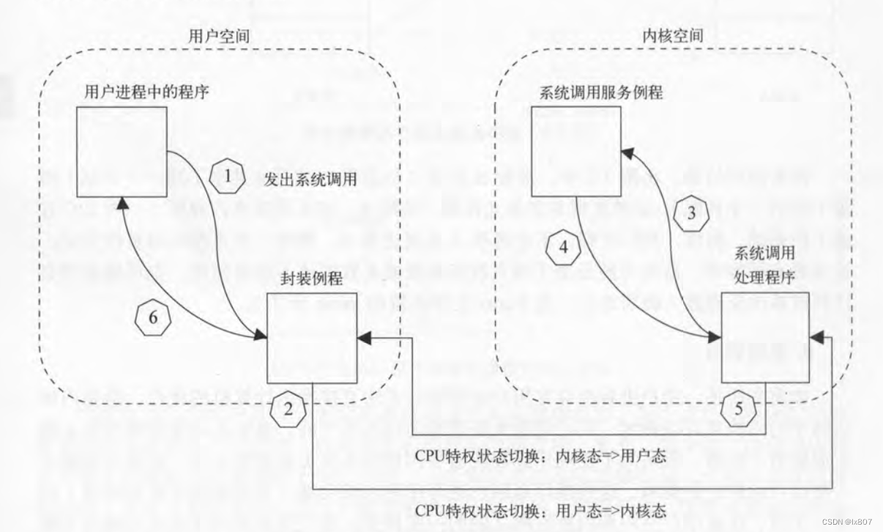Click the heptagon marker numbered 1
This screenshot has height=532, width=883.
[x=226, y=177]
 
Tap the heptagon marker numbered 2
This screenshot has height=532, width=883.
[x=288, y=409]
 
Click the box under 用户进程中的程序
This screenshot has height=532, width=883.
[x=123, y=151]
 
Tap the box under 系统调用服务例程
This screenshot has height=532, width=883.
[x=576, y=151]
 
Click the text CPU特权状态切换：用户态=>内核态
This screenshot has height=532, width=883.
[x=540, y=510]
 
